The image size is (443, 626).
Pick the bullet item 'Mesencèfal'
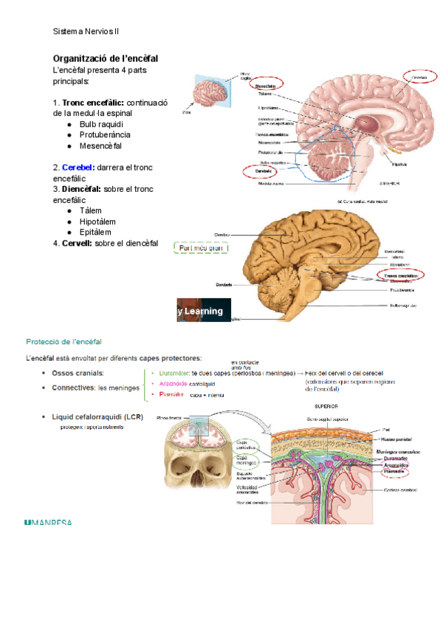(x=100, y=145)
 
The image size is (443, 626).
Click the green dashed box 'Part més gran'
(x=201, y=248)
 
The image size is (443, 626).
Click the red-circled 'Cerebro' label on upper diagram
(x=419, y=77)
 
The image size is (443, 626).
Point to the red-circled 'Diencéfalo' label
(x=265, y=87)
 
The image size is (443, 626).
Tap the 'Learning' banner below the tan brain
(x=203, y=311)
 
